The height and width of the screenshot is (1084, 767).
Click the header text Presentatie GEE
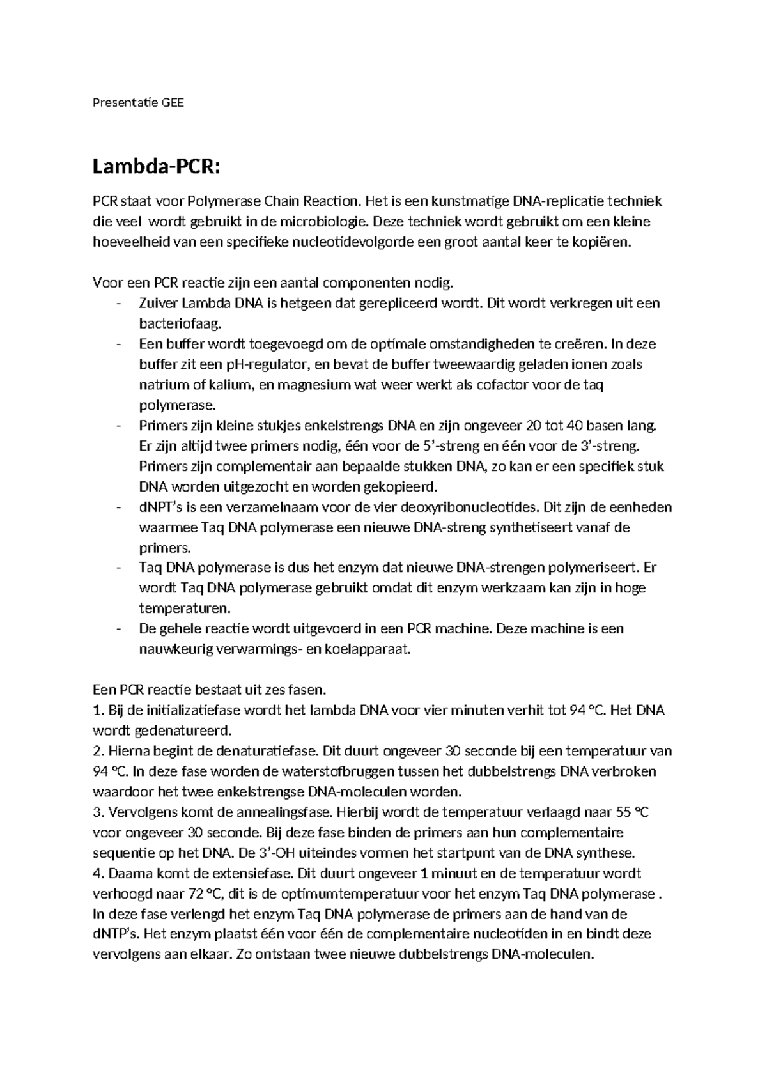(138, 102)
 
